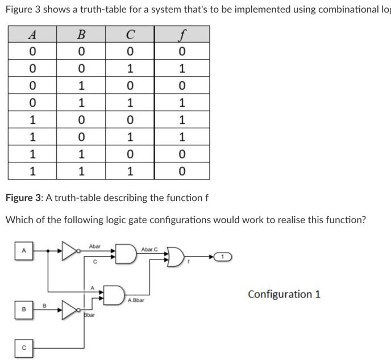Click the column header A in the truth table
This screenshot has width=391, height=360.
[x=33, y=34]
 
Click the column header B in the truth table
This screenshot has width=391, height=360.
[x=81, y=34]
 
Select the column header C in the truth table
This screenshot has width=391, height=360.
[x=130, y=34]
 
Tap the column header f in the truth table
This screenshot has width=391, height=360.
[x=181, y=34]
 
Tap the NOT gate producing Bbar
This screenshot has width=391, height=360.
[x=70, y=309]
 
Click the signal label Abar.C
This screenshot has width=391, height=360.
[x=149, y=249]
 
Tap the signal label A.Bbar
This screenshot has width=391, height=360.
[x=136, y=300]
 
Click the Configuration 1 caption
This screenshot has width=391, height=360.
[x=284, y=294]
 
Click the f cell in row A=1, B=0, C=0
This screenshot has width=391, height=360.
[x=181, y=120]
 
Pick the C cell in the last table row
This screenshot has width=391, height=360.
[x=130, y=171]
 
